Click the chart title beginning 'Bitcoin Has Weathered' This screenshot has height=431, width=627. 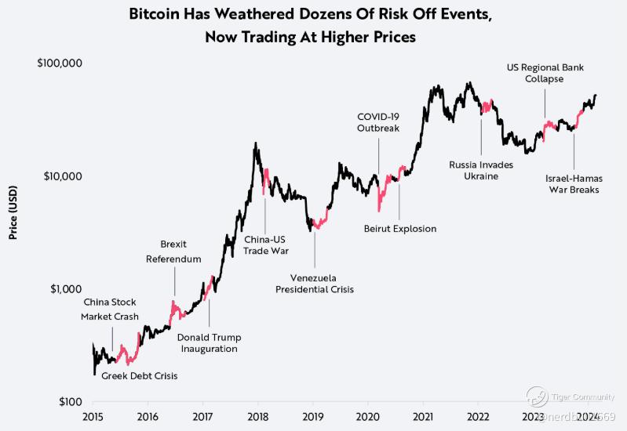[x=313, y=25]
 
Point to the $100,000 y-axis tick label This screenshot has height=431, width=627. [x=60, y=63]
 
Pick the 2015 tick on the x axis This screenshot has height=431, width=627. [x=93, y=416]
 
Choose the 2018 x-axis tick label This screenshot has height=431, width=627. [x=258, y=416]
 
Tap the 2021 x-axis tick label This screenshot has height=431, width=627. [x=424, y=416]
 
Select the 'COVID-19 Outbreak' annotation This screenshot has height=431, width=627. [x=378, y=121]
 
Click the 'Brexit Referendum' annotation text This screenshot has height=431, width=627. [x=174, y=251]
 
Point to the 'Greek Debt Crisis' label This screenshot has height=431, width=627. [x=140, y=376]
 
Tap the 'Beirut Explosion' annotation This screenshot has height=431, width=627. [x=399, y=229]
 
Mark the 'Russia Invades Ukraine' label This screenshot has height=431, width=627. [x=481, y=171]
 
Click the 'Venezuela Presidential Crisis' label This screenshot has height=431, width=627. [x=314, y=284]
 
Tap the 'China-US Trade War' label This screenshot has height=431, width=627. [x=265, y=245]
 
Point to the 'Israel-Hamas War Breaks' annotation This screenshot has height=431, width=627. [x=573, y=183]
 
